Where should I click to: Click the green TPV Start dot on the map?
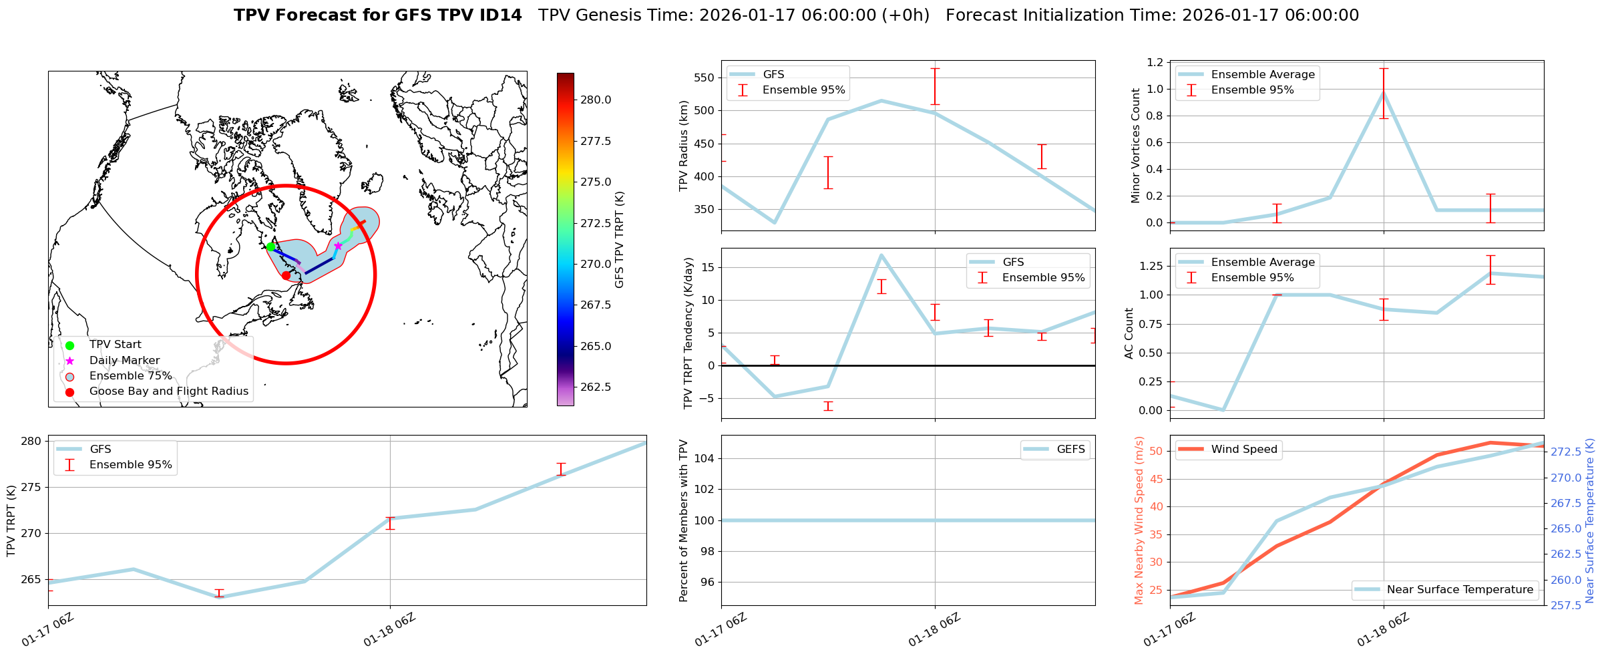pos(270,247)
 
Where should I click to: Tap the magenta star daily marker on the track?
pos(338,247)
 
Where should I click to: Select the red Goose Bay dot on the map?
pos(286,275)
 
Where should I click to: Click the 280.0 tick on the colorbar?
pos(595,100)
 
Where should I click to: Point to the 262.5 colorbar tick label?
pos(595,387)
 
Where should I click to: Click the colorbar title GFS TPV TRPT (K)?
pos(619,239)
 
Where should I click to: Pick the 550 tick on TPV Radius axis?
pos(705,77)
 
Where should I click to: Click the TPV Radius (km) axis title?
pos(684,146)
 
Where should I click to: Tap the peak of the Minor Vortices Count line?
pos(1384,92)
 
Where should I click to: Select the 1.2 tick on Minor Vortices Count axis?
pos(1154,62)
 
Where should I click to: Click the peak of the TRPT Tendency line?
pos(881,255)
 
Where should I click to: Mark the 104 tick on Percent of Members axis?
pos(705,458)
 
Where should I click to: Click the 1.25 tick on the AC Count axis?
pos(1151,266)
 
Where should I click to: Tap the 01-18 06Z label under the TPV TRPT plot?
pos(389,630)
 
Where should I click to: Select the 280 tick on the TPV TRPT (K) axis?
pos(31,441)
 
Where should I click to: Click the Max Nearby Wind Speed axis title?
pos(1139,520)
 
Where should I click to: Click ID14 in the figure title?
pos(500,15)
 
